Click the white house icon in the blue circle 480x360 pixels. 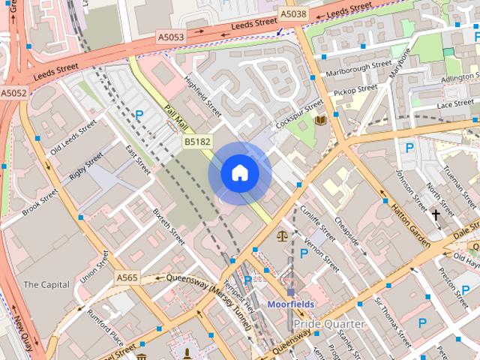[x=239, y=173]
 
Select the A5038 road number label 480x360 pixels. [x=294, y=13]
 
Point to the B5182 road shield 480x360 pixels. [x=197, y=141]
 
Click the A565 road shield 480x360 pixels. [x=127, y=277]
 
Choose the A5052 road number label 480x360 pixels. [x=13, y=93]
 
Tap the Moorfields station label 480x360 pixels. [x=291, y=304]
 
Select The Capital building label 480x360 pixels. [x=46, y=285]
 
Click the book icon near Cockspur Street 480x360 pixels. [x=321, y=120]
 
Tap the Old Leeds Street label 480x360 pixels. [x=68, y=137]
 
